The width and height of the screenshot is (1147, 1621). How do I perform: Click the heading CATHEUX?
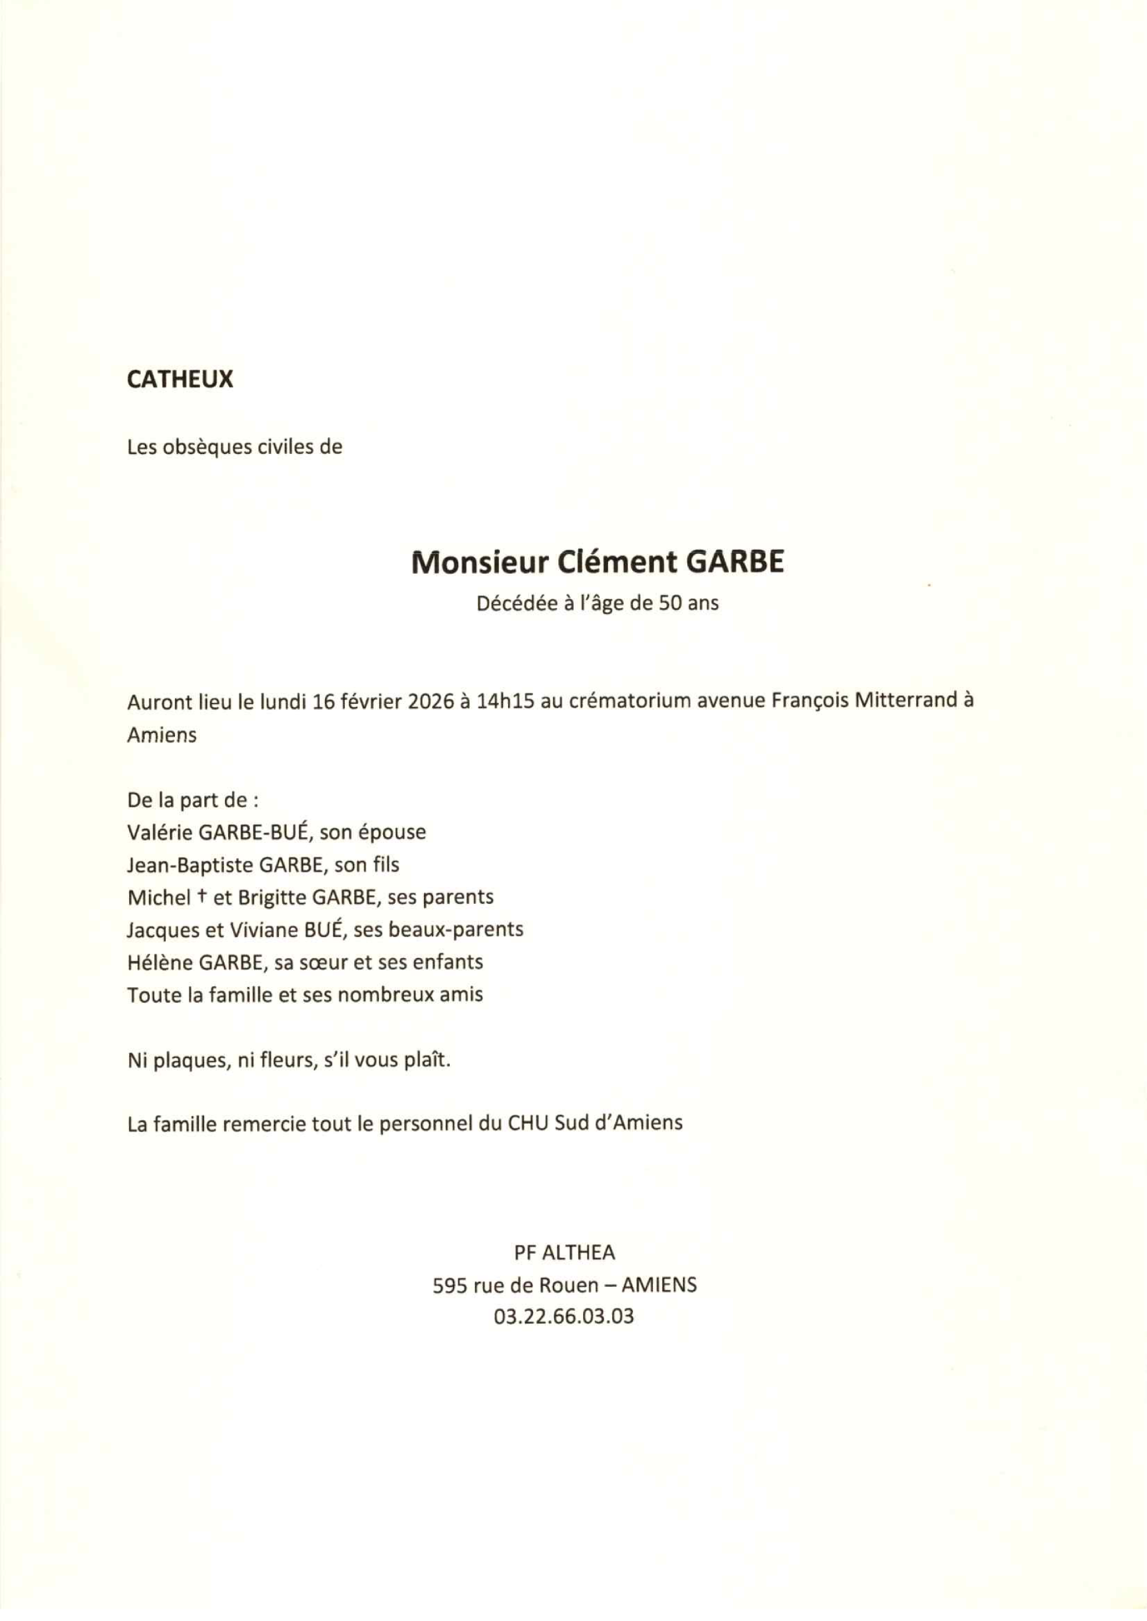180,380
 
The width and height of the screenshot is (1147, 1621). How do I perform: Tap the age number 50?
671,603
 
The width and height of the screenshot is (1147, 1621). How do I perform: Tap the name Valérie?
160,832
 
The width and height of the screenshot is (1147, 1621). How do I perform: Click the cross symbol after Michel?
202,896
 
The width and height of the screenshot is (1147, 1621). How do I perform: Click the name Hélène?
159,962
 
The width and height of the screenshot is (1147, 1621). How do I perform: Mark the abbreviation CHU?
528,1124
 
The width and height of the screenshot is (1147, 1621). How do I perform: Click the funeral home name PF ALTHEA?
564,1252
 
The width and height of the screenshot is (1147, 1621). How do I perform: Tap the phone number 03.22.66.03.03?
564,1317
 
